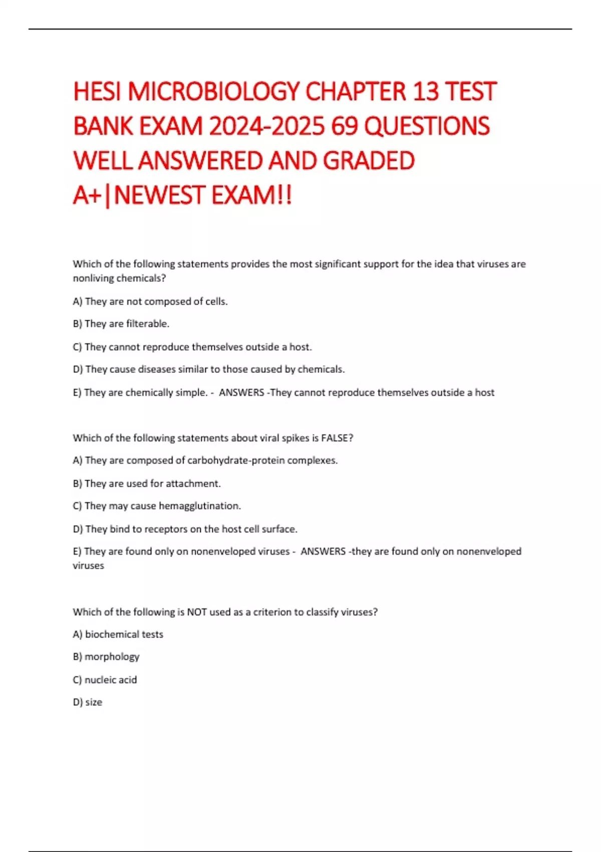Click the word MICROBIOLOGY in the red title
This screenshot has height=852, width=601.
point(214,92)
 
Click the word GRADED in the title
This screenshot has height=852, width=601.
point(369,161)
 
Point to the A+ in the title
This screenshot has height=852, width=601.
point(87,195)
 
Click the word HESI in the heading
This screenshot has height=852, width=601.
point(98,92)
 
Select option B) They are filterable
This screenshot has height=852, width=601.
point(121,324)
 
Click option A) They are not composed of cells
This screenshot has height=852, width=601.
point(150,301)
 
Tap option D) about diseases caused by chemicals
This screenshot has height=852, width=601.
point(209,369)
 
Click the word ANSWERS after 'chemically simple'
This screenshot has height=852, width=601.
point(241,392)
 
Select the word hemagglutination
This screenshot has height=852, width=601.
point(199,506)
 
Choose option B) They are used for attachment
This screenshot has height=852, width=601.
point(147,484)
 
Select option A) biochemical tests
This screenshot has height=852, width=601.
point(118,634)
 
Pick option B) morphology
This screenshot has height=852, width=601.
point(106,657)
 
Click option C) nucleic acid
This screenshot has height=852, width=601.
point(105,680)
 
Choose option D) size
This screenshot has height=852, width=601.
point(88,702)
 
